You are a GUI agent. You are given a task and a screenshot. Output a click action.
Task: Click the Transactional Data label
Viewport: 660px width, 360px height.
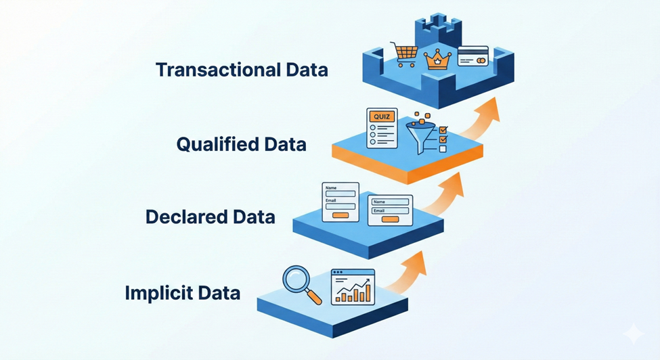(x=242, y=70)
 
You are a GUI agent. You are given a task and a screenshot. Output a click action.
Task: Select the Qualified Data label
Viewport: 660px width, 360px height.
(x=241, y=144)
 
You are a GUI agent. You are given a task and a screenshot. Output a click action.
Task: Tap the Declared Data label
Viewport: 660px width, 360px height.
(x=210, y=217)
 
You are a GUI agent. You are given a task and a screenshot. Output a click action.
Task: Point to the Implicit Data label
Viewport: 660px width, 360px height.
(x=182, y=294)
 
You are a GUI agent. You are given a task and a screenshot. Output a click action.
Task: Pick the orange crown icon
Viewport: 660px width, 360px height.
(x=437, y=59)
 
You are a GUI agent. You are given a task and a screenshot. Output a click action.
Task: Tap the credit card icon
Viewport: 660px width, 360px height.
(x=472, y=56)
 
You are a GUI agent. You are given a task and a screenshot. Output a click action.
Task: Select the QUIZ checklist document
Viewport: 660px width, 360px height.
(x=382, y=128)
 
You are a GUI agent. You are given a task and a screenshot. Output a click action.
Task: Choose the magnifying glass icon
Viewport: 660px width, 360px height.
(x=298, y=282)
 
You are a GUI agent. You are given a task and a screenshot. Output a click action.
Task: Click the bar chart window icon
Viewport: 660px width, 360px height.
(x=353, y=287)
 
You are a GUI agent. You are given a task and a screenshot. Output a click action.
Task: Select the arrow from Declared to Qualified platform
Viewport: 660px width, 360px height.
(x=449, y=194)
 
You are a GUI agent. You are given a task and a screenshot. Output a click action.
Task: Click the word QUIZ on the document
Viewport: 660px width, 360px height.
(x=382, y=116)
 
